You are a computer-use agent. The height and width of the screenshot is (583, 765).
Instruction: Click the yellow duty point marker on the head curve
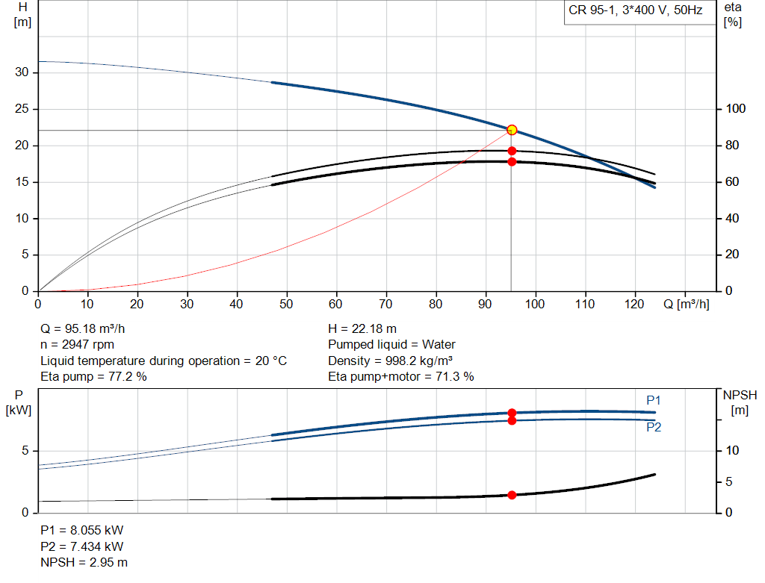[x=512, y=130]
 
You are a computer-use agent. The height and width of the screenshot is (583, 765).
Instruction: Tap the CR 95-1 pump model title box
[x=636, y=12]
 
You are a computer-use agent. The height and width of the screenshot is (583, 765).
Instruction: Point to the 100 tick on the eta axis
[x=736, y=109]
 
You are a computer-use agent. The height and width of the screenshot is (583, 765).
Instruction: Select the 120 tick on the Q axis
[x=634, y=304]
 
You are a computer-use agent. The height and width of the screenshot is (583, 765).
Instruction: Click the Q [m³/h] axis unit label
[x=685, y=304]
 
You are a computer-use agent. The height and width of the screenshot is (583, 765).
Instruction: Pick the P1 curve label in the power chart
[x=654, y=401]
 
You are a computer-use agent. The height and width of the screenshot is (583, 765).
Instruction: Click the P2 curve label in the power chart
[x=654, y=428]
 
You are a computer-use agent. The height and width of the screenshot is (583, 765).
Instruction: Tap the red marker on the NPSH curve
[x=512, y=495]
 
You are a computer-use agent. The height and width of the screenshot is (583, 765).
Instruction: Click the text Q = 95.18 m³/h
[x=88, y=328]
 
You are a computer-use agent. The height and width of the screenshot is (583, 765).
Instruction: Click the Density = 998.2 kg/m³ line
[x=390, y=361]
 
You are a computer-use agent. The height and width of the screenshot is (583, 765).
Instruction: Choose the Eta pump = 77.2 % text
[x=93, y=377]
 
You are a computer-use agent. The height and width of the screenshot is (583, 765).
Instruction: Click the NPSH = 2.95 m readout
[x=84, y=562]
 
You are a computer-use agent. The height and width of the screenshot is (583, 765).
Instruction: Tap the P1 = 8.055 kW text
[x=81, y=530]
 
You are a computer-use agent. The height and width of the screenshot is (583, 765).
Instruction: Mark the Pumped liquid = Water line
[x=391, y=345]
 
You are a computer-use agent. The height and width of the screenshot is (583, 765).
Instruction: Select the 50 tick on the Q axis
[x=286, y=304]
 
